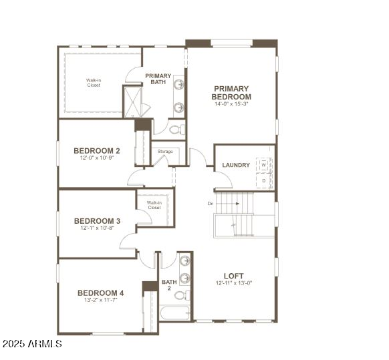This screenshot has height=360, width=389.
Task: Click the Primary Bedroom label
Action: coord(232,92)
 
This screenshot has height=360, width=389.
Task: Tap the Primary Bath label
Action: coord(158,79)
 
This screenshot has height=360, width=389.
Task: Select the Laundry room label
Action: coord(236,165)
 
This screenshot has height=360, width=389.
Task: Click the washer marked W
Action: coord(264,164)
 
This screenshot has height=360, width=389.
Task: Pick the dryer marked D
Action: coord(264,180)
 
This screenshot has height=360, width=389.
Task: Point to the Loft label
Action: coord(234,276)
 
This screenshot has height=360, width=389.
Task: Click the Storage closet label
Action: coord(165,152)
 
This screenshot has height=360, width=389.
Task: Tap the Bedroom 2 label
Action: coord(97,151)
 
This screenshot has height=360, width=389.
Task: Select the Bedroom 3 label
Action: coord(97,221)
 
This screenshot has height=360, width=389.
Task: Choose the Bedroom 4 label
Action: coord(100,293)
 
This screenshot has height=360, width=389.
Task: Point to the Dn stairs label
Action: coord(211,203)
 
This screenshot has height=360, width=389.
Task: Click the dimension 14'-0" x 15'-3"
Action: coord(232,104)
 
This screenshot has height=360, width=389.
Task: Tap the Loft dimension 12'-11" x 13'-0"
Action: coord(234,283)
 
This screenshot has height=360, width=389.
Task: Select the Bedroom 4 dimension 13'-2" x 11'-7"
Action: coord(100,301)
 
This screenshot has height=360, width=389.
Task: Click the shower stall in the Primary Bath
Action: coord(132,102)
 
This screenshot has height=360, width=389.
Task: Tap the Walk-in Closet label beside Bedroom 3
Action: coord(154,205)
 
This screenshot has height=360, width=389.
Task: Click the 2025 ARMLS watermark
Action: coord(31,344)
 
